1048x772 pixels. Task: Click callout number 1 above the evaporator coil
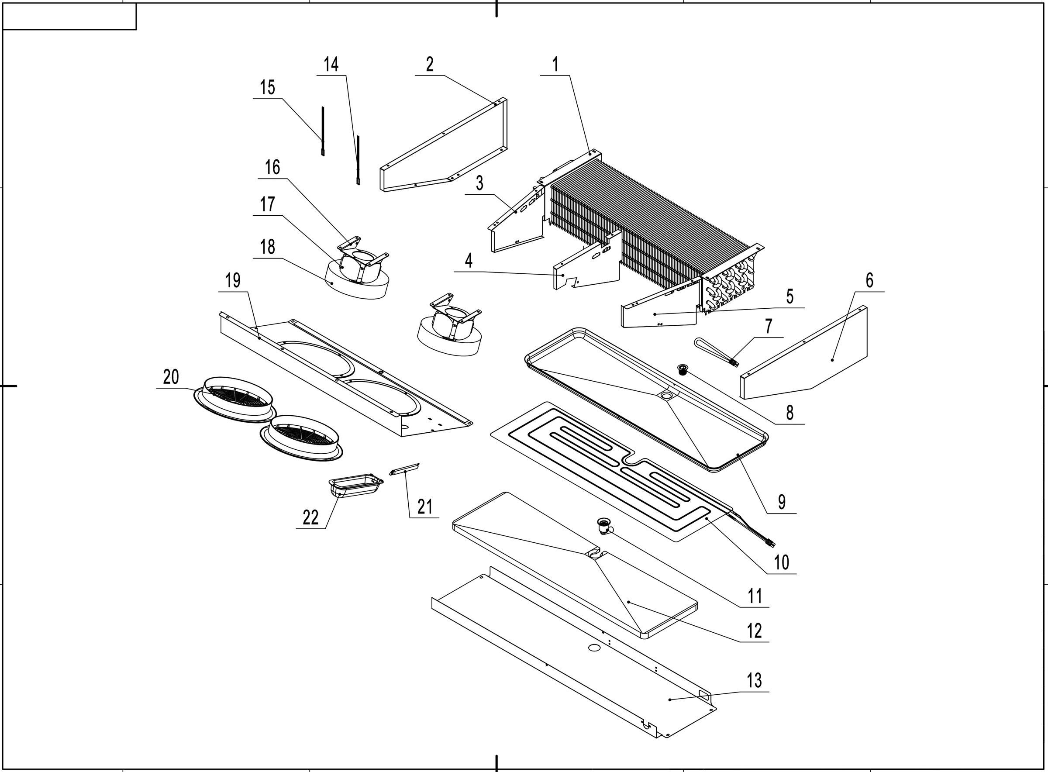[555, 65]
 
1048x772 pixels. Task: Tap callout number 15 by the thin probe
[267, 87]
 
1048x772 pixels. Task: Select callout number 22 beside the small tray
[310, 518]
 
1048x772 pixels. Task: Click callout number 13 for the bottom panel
[754, 681]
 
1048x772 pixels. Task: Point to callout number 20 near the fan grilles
[171, 377]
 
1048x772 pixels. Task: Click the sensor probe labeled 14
[359, 160]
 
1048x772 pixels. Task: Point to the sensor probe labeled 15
[322, 131]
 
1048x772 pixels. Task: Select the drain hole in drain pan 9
[665, 395]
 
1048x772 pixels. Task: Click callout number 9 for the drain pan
[782, 502]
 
